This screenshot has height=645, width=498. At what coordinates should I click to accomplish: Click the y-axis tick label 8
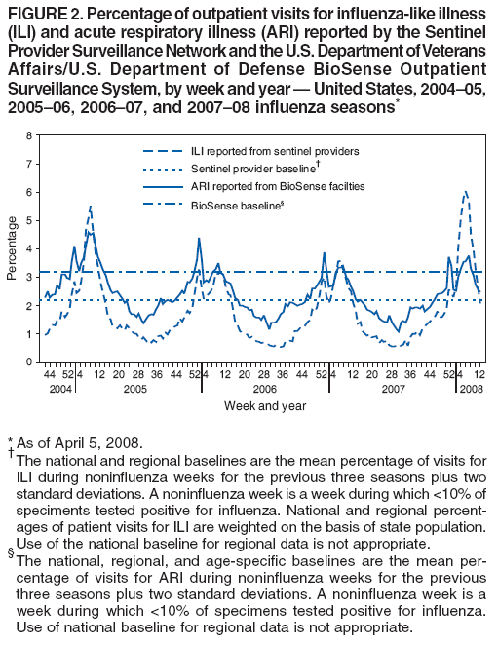pyautogui.click(x=28, y=135)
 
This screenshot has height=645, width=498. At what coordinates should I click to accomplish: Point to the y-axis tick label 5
pyautogui.click(x=28, y=220)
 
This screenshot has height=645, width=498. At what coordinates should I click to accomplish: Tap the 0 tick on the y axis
pyautogui.click(x=28, y=362)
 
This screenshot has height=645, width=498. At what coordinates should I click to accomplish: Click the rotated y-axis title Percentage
pyautogui.click(x=11, y=249)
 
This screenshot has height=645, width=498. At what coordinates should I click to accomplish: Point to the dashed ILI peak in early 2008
pyautogui.click(x=466, y=192)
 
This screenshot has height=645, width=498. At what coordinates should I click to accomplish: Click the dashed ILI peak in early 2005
pyautogui.click(x=90, y=207)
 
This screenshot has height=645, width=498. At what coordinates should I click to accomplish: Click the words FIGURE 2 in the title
pyautogui.click(x=42, y=12)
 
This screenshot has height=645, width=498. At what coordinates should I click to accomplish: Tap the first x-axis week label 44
pyautogui.click(x=48, y=374)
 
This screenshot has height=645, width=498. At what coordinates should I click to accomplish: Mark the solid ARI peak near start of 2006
pyautogui.click(x=199, y=239)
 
